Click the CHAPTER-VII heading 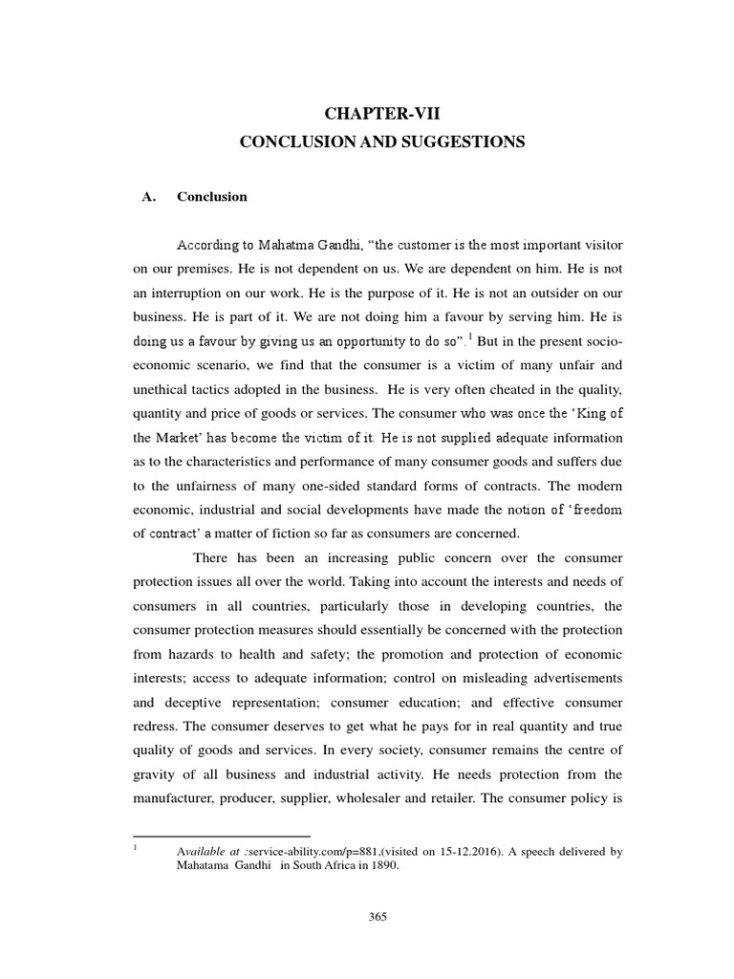[x=381, y=114]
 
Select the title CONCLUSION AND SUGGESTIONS [x=381, y=141]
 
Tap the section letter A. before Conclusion [x=147, y=197]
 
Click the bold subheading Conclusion [x=212, y=197]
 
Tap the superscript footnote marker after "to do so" [x=472, y=337]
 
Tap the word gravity [x=158, y=773]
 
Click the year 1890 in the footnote [x=380, y=866]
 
